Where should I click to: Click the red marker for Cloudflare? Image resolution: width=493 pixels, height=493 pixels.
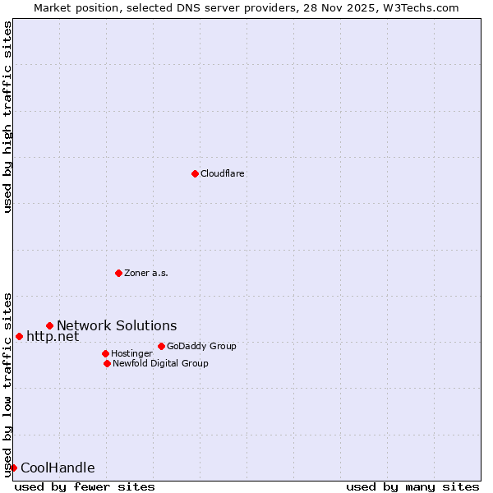tap(195, 173)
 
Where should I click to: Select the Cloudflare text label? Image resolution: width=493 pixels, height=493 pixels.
tap(223, 173)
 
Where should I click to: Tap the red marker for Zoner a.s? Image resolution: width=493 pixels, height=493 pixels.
tap(118, 273)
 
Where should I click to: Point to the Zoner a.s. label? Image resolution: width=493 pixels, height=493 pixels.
tap(146, 273)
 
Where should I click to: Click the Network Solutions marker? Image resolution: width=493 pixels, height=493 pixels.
tap(49, 326)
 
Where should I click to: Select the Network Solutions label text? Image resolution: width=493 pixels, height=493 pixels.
tap(117, 326)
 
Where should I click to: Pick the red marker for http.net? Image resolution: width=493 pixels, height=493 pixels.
tap(19, 336)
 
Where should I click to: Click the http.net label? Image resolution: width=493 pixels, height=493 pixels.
tap(53, 336)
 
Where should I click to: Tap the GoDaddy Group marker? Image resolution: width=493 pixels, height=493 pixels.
tap(161, 346)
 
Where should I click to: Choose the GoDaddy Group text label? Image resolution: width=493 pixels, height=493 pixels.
tap(201, 346)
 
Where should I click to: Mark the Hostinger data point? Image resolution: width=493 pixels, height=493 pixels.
tap(105, 353)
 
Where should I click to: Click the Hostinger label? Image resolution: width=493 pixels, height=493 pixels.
tap(131, 353)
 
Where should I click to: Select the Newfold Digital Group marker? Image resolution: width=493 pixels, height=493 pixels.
tap(107, 363)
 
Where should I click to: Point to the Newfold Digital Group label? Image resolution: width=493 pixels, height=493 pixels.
tap(160, 363)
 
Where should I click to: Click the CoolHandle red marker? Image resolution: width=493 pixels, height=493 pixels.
tap(13, 468)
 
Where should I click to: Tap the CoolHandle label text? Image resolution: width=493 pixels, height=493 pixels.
tap(58, 468)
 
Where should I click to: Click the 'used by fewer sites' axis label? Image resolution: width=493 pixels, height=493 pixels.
tap(85, 486)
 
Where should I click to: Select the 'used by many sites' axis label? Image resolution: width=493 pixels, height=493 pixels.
tap(412, 486)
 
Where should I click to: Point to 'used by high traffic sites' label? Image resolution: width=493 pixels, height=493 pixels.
tap(7, 117)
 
